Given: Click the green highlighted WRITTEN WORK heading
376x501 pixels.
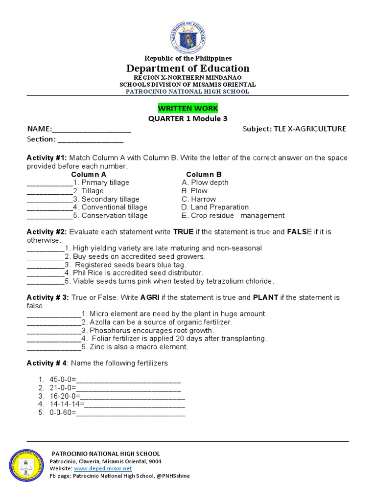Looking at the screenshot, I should [x=188, y=108].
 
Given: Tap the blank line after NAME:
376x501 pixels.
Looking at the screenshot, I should [x=91, y=129].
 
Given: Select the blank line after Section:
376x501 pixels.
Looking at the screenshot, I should [x=91, y=139].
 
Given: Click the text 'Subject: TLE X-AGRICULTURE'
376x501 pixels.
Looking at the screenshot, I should [x=294, y=129].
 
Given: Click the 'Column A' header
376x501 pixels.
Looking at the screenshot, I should [x=89, y=174].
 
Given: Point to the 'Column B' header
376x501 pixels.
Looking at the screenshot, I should [x=204, y=174].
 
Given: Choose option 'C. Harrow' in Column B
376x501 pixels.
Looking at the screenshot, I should [x=198, y=199].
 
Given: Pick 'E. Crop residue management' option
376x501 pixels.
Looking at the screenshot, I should [x=233, y=216].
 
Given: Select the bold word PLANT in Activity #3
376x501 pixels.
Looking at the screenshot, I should [x=265, y=297].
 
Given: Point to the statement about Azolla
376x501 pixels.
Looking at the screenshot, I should [x=157, y=322].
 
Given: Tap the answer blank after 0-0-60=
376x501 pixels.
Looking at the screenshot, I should [x=131, y=413].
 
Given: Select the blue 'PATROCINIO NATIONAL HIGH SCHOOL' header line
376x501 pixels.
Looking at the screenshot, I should [x=188, y=91].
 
